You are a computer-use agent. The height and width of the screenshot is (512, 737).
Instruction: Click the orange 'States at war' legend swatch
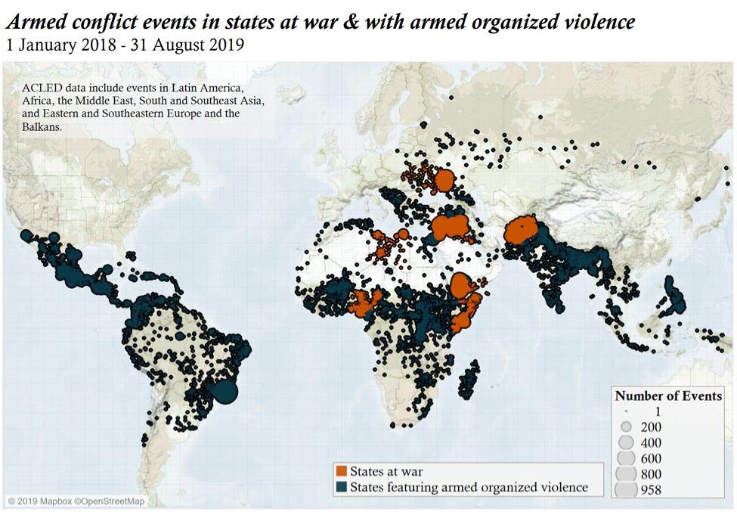[341, 472]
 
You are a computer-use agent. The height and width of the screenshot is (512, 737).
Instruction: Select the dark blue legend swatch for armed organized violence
[341, 488]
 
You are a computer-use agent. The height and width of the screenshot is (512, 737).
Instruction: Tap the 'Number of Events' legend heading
[667, 396]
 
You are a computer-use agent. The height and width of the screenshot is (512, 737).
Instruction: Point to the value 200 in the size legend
[650, 427]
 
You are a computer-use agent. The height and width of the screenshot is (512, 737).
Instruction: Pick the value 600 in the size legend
[650, 458]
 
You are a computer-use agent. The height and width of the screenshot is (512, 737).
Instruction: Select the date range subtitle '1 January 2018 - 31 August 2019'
[124, 45]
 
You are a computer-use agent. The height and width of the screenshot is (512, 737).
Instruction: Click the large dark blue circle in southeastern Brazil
[225, 392]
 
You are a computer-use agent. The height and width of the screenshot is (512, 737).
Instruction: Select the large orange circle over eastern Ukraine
[444, 181]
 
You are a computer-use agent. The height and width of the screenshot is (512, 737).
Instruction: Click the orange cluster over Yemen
[461, 287]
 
